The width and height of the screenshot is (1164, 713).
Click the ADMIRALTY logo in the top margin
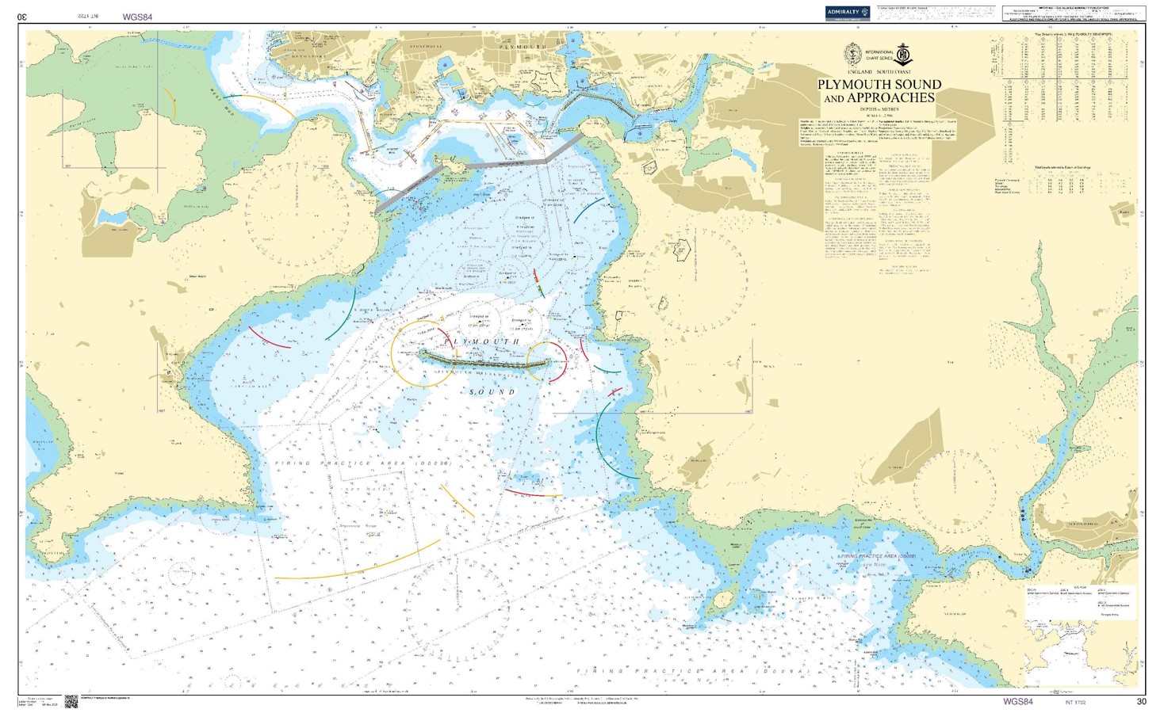[x=847, y=13]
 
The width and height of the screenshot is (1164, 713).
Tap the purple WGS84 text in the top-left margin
[x=137, y=17]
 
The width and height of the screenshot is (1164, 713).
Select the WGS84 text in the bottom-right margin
[x=1018, y=701]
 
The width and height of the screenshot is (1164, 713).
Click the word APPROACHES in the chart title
[x=890, y=98]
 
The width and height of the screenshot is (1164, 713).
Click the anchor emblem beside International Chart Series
[x=904, y=55]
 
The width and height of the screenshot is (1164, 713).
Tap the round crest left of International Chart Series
[x=853, y=54]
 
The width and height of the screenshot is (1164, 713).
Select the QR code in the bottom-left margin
[x=71, y=701]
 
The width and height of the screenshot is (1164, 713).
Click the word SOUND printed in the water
[x=492, y=392]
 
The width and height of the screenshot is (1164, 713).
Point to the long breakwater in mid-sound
[x=484, y=360]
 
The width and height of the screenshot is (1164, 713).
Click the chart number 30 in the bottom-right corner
[x=1141, y=701]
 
